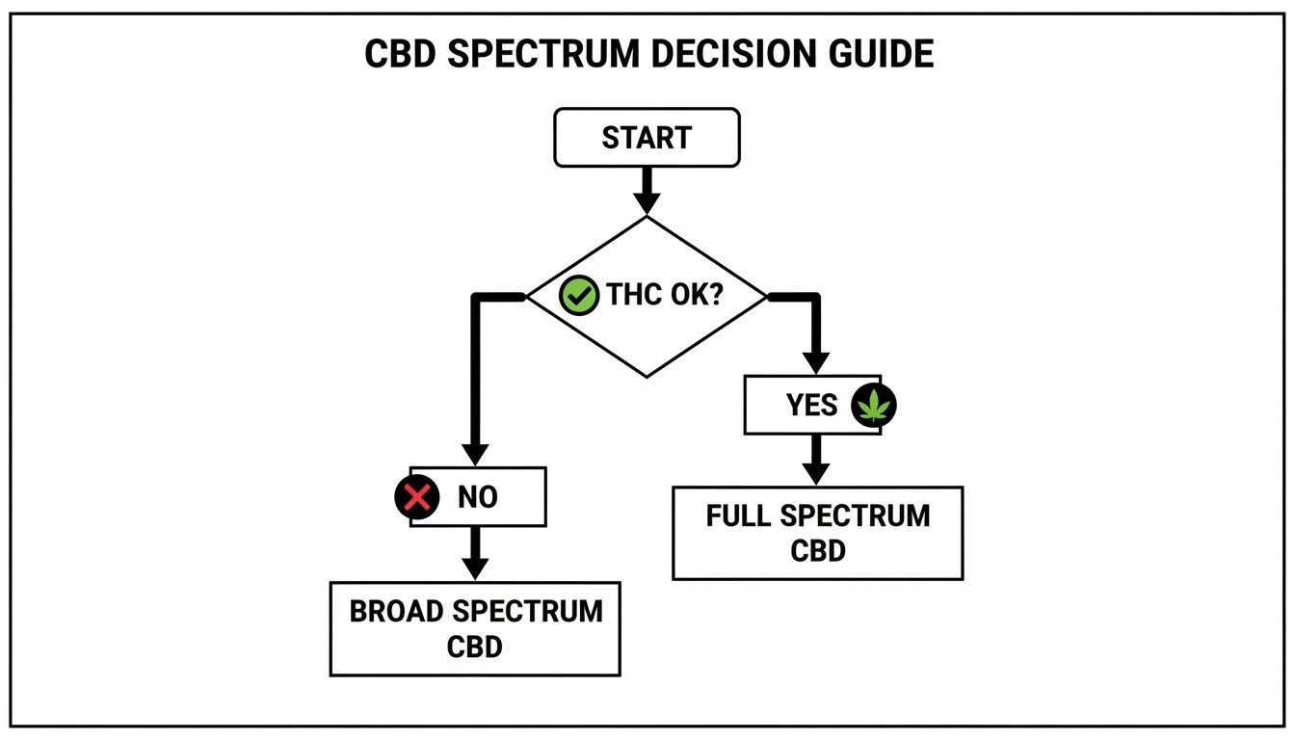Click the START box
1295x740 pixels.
[647, 138]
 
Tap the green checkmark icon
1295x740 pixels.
[579, 296]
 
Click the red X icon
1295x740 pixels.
[415, 497]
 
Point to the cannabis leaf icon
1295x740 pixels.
[874, 406]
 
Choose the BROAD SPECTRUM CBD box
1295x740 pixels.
[475, 628]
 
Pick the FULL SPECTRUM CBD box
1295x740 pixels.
[817, 533]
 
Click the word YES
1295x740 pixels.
[811, 406]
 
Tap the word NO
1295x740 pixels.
[478, 497]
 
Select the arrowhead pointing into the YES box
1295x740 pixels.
[816, 361]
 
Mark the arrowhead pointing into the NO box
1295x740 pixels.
[474, 454]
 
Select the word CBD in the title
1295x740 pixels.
[399, 54]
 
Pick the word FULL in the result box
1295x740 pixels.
[739, 516]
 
